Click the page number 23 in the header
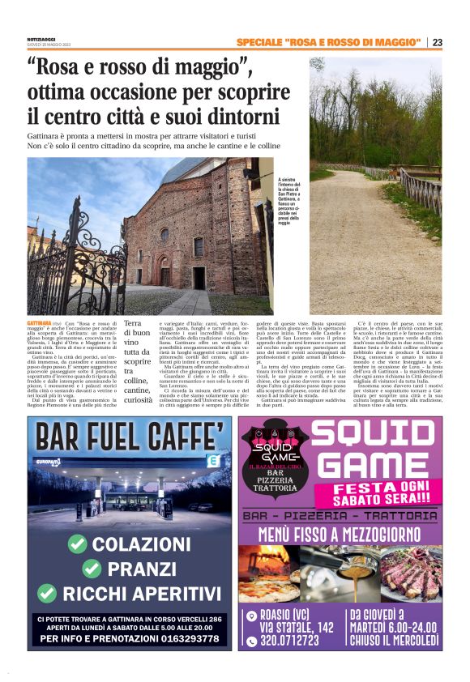(438, 42)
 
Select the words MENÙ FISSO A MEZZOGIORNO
(340, 534)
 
